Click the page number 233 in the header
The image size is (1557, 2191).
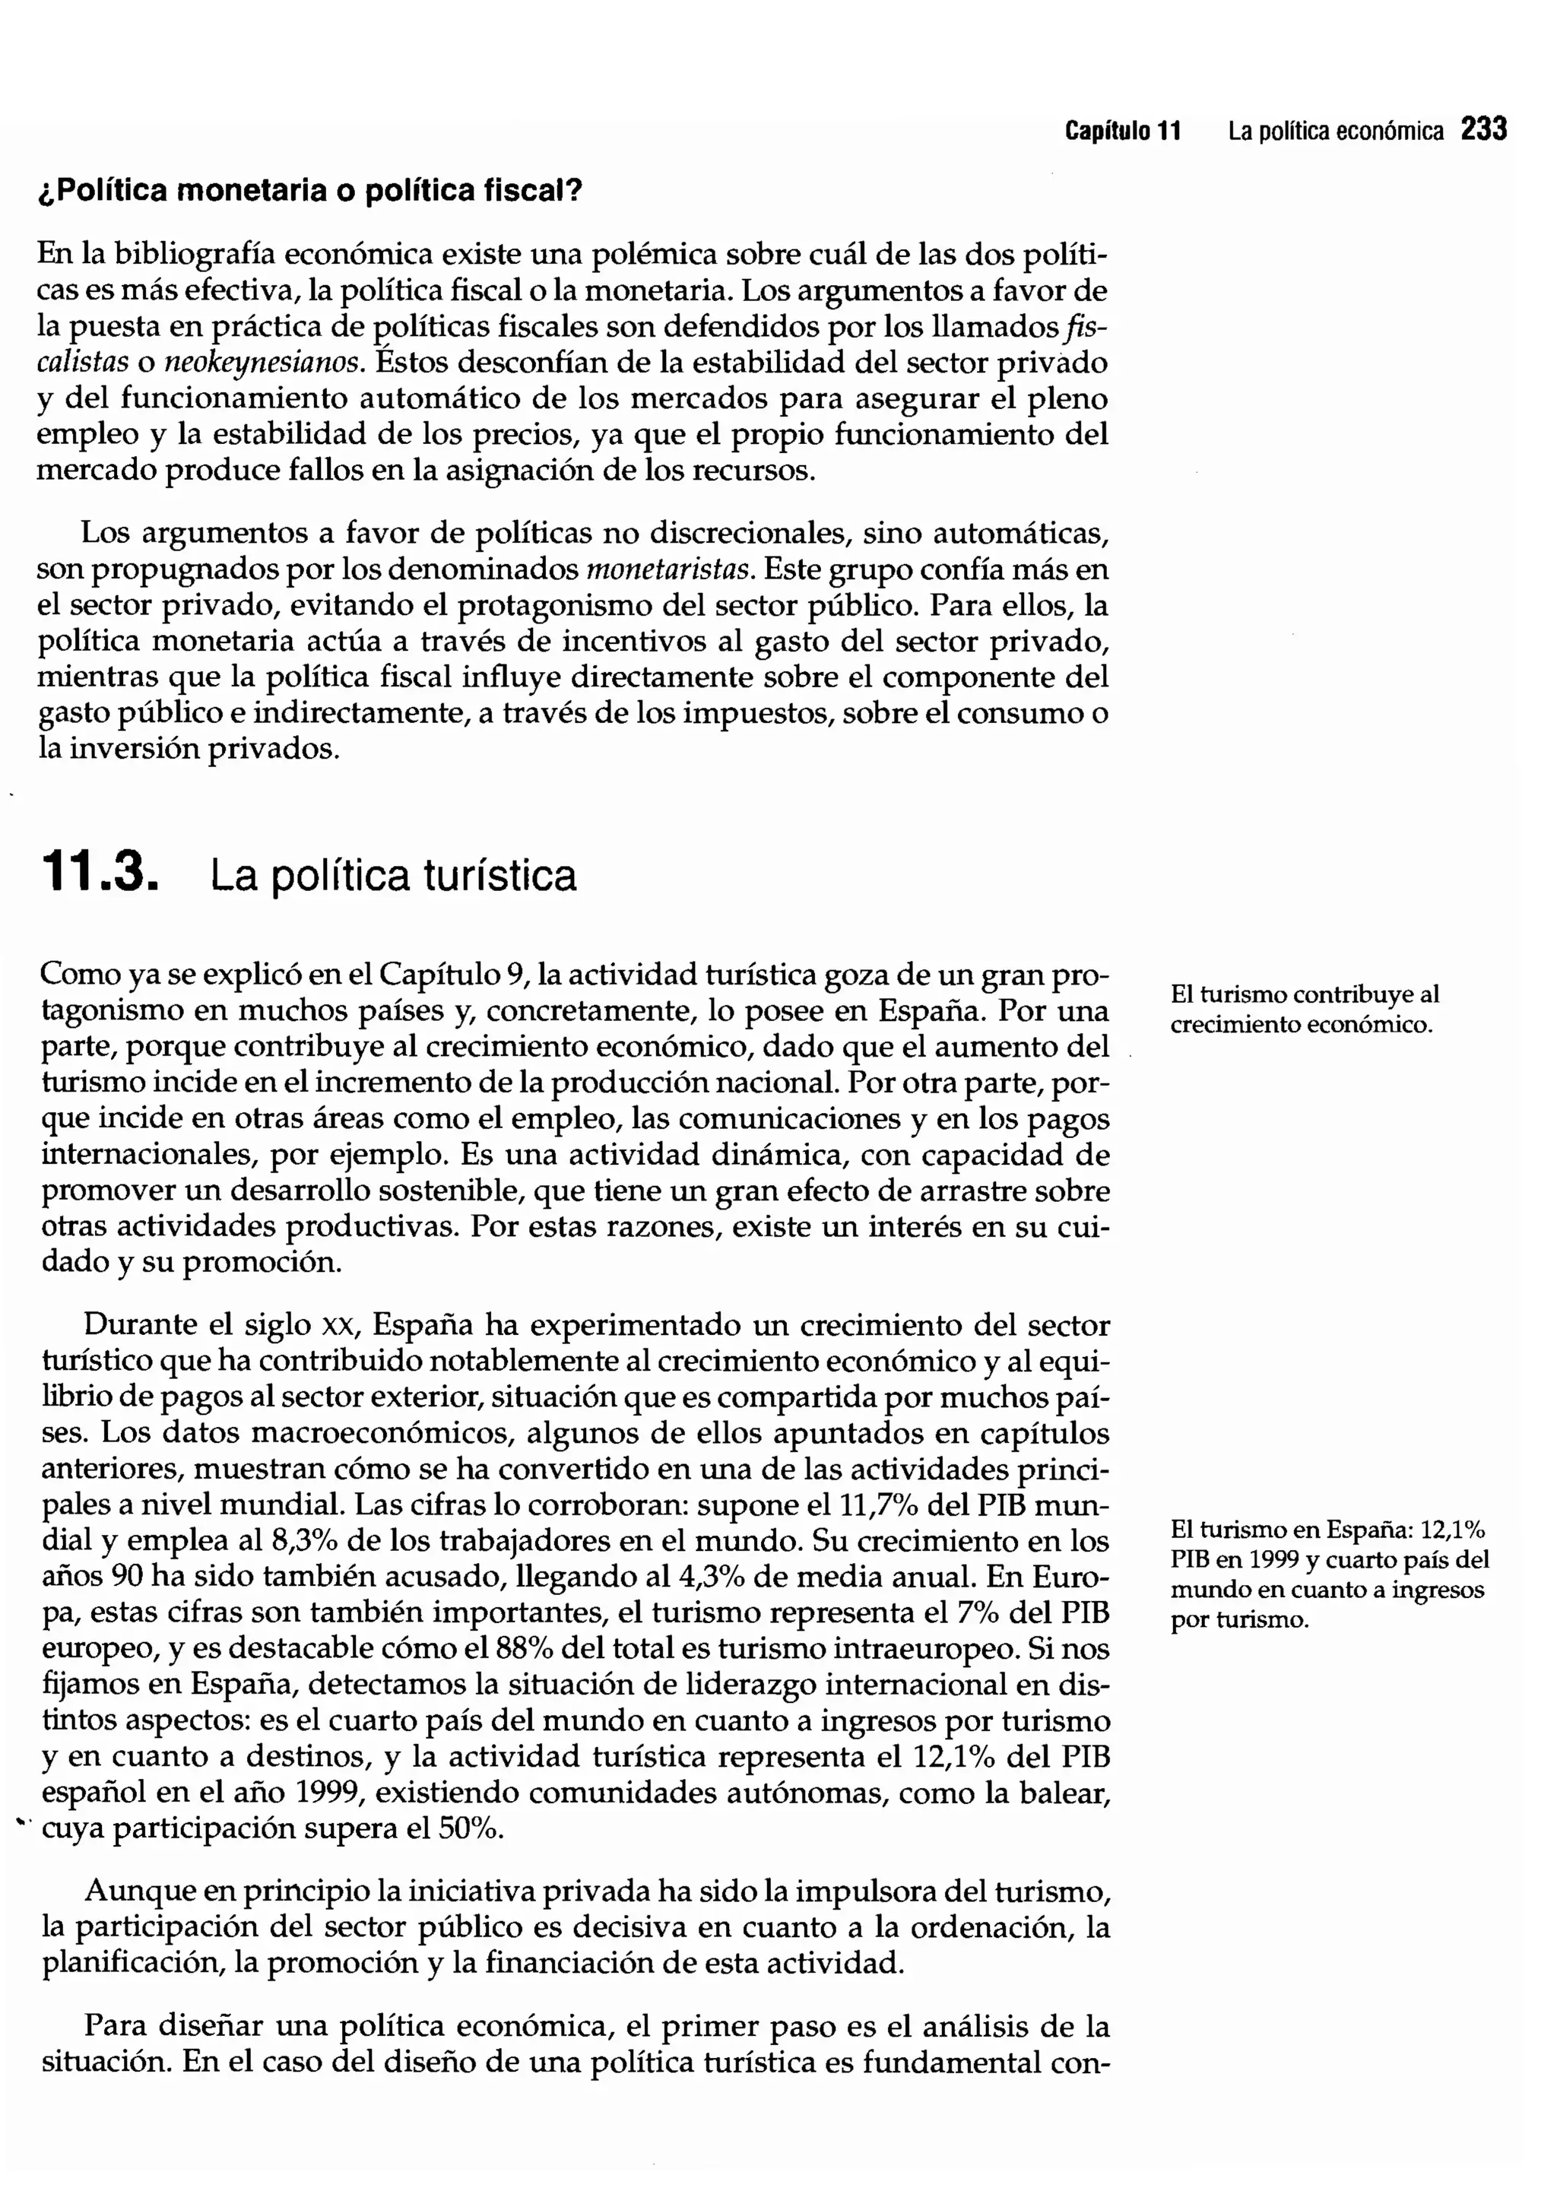tap(1484, 129)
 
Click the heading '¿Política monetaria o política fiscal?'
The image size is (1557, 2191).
tap(309, 191)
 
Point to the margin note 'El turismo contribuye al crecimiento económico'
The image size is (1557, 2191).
tap(1304, 1010)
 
